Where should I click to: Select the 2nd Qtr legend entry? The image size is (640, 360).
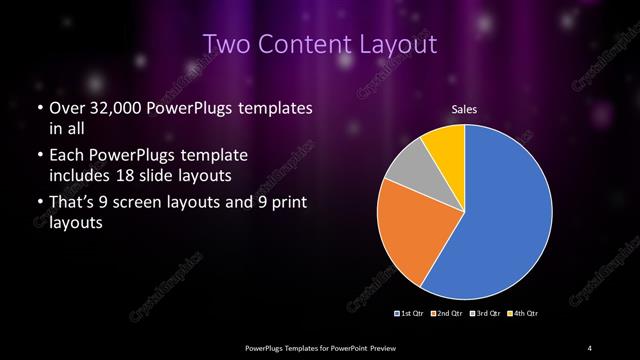(x=448, y=314)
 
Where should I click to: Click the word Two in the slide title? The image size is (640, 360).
(x=227, y=45)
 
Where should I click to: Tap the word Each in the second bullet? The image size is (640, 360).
(x=66, y=155)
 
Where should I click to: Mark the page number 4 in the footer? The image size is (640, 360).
(x=590, y=347)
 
